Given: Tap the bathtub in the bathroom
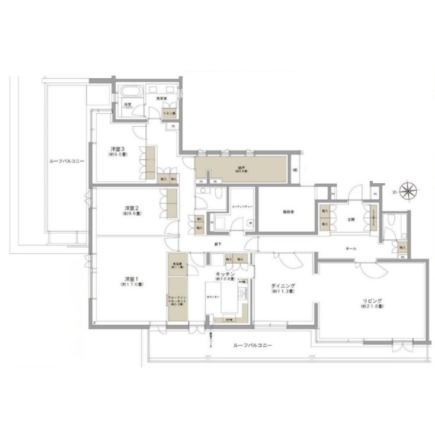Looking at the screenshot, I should (x=129, y=92).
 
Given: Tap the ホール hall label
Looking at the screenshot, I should (x=350, y=249).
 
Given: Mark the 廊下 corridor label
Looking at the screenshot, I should (x=218, y=244).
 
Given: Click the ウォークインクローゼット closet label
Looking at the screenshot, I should (x=177, y=299).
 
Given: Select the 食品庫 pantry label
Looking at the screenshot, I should (x=176, y=265).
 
